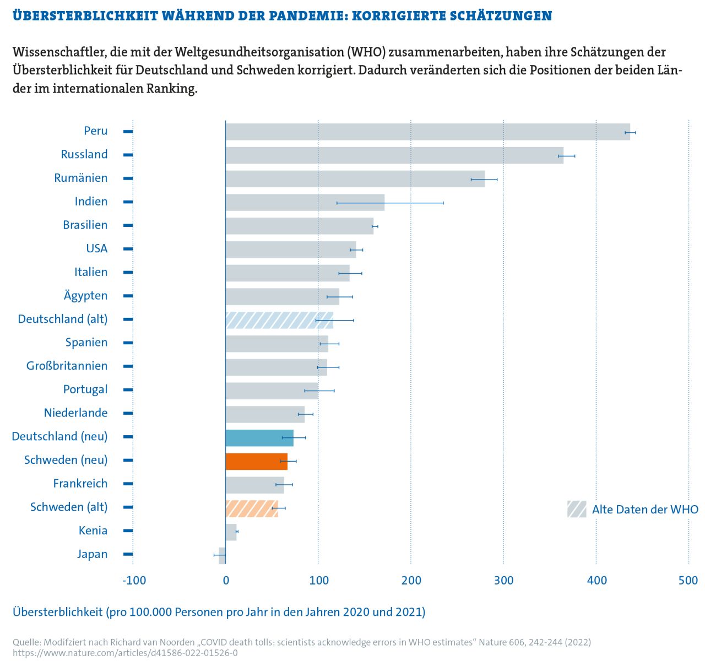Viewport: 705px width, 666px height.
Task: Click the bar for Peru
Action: pos(427,132)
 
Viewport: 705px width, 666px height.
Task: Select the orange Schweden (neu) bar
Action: pos(256,461)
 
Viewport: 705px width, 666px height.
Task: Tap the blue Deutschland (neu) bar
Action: pos(259,438)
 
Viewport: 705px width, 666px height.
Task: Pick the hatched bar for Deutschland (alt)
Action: pos(279,320)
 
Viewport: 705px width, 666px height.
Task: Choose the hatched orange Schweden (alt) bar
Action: pos(251,508)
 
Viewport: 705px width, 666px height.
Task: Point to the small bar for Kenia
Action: pos(231,532)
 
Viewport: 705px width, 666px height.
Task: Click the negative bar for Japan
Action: pos(222,555)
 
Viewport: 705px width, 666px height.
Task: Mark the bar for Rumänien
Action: pos(355,179)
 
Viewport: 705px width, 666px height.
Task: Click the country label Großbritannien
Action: pos(67,366)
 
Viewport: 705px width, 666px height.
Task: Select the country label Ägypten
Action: pos(85,295)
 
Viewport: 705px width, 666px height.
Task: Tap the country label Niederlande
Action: pos(75,413)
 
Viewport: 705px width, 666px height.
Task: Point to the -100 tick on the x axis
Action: pos(134,580)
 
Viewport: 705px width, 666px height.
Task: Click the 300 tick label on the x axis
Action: pos(503,580)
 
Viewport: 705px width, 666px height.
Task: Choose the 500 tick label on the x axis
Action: pos(688,580)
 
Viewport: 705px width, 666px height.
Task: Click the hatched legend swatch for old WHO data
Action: pos(577,509)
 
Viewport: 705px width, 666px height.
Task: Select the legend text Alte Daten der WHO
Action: pos(645,510)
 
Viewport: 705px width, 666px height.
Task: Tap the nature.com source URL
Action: pos(125,653)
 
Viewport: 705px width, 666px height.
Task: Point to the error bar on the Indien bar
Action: pos(390,203)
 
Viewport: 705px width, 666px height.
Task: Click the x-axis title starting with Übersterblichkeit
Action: pos(219,612)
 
